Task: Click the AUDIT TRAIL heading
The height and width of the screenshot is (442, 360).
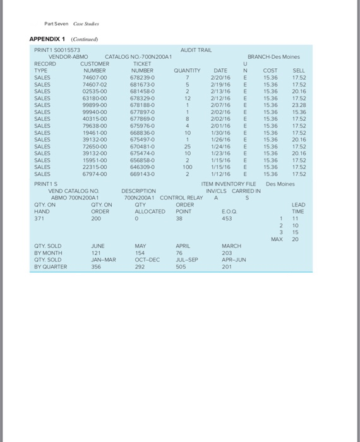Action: click(195, 50)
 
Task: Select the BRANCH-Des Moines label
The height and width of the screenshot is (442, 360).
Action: click(273, 57)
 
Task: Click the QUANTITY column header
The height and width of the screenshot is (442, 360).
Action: click(187, 70)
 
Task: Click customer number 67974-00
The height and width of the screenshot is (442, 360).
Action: click(93, 174)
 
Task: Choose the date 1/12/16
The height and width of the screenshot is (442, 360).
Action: click(221, 174)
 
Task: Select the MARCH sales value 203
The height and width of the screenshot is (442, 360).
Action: click(227, 253)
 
